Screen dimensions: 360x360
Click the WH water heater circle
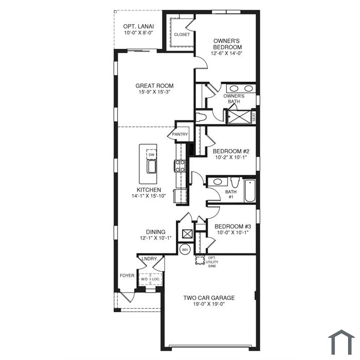click(x=185, y=249)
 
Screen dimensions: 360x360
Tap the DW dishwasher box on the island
click(x=152, y=154)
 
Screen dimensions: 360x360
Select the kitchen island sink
click(x=152, y=167)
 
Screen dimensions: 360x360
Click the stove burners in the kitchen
click(x=180, y=166)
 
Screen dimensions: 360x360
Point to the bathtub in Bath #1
click(x=249, y=191)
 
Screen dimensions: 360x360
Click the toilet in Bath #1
click(x=235, y=182)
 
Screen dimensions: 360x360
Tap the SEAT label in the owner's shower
click(x=254, y=117)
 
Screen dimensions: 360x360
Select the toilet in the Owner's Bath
click(x=201, y=117)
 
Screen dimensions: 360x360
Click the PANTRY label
click(x=180, y=134)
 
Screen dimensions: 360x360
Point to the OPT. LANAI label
click(x=138, y=26)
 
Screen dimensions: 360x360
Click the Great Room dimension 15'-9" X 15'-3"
click(x=154, y=92)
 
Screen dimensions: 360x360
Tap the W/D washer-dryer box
click(x=144, y=279)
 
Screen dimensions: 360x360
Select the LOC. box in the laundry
click(x=156, y=279)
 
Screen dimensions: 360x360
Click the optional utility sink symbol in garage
click(x=200, y=260)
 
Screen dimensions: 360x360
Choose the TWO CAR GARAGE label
click(x=209, y=298)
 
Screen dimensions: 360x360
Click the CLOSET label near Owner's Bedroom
click(x=182, y=34)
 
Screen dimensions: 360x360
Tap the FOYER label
click(x=127, y=276)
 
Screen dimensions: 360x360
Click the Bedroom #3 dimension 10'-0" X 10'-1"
click(x=233, y=232)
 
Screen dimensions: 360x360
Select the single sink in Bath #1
click(x=218, y=182)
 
